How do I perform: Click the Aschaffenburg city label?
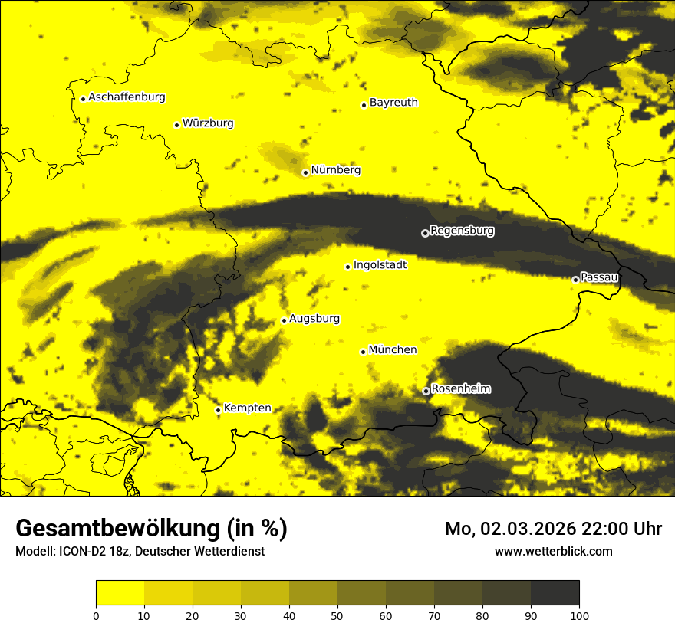[x=127, y=97]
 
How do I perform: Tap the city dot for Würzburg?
[x=176, y=125]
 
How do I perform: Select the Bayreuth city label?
[x=393, y=103]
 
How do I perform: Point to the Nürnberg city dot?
[x=305, y=172]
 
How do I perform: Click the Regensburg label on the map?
[x=462, y=231]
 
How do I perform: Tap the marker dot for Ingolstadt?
[x=347, y=267]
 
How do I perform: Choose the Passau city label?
[x=599, y=277]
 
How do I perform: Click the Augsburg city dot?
[x=284, y=320]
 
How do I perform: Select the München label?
[x=393, y=350]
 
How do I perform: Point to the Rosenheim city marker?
[x=426, y=391]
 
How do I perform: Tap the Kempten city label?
[x=247, y=408]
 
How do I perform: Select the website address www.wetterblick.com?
[x=554, y=551]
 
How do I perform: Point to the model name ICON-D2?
[x=81, y=552]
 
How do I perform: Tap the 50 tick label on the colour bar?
[x=337, y=615]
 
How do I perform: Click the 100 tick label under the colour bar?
[x=578, y=615]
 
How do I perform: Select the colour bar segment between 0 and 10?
[x=120, y=593]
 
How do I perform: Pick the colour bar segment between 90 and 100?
[x=555, y=593]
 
